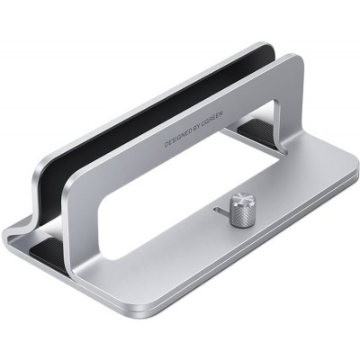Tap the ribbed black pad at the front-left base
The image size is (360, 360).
(42, 244)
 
